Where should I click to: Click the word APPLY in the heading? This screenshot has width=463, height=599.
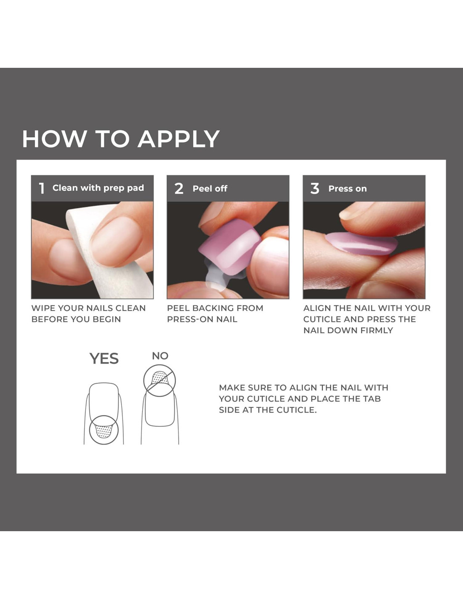pos(179,139)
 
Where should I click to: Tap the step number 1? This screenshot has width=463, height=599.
pos(42,189)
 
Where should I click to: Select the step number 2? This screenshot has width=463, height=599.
pos(179,189)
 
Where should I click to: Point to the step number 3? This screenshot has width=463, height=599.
pos(314,189)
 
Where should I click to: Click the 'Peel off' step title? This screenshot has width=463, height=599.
pos(210,189)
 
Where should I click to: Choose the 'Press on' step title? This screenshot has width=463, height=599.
pos(348,189)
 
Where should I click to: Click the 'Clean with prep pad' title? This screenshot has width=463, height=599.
pos(98,188)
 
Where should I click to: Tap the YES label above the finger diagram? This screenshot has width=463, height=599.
pos(104,358)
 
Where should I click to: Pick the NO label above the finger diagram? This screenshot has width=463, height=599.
pos(160,356)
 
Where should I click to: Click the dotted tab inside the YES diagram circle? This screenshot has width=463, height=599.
pos(103,431)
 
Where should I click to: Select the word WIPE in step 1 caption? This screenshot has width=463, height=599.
pos(42,308)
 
